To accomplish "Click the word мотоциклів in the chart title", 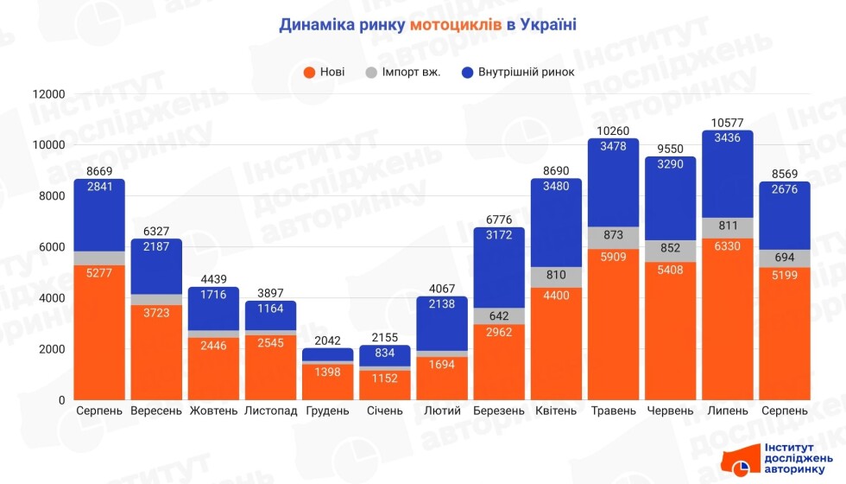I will (x=455, y=25).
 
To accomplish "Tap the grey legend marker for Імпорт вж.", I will (x=371, y=72).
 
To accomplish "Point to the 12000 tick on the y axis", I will (x=49, y=94).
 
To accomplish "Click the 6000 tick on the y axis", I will (x=53, y=247).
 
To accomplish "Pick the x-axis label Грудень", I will (x=328, y=411).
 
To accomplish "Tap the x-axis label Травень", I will (x=614, y=411).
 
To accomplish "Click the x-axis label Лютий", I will (x=441, y=411).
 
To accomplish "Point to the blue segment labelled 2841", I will (x=99, y=214).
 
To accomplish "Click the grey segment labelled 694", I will (x=784, y=258).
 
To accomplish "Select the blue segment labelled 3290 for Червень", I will (x=671, y=199).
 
